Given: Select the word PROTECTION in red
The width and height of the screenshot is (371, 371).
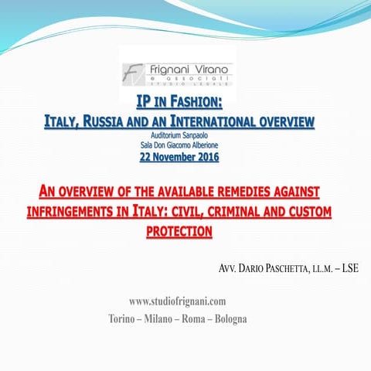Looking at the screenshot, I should (179, 231).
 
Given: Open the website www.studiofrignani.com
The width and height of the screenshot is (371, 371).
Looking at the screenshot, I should (178, 301).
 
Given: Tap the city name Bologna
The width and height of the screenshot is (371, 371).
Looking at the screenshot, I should (227, 318).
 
